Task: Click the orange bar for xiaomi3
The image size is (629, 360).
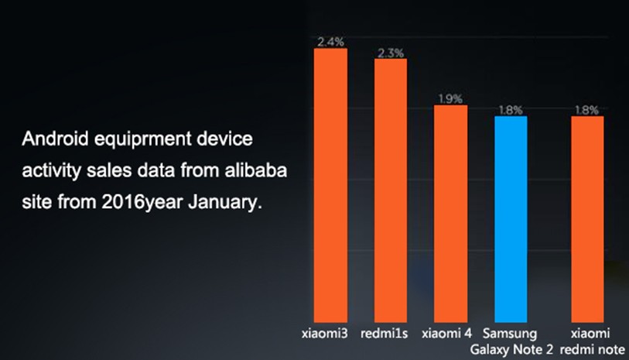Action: coord(330,185)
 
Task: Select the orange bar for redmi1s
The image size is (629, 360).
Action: coord(391,190)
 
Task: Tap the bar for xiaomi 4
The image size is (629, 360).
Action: coord(450,214)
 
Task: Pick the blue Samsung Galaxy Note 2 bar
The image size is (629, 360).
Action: coord(511,219)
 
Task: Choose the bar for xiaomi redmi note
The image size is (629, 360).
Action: coord(587,219)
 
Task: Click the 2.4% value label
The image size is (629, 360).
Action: coord(331,41)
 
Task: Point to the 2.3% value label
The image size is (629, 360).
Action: coord(391,53)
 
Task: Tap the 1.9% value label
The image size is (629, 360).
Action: coord(450,99)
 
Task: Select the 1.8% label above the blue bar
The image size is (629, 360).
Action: coord(511,110)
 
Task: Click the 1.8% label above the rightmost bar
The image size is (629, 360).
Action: coord(587,110)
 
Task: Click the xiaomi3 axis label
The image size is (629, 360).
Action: coord(324,334)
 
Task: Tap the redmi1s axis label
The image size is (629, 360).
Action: coord(385,334)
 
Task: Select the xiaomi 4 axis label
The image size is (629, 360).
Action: coord(446,334)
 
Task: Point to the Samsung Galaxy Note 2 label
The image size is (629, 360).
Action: coord(511,341)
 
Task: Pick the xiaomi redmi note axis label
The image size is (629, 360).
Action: coord(593,341)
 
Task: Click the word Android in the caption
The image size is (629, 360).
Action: coord(55,139)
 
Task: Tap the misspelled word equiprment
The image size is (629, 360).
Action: coord(142,140)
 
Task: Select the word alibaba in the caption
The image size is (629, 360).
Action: coord(256,170)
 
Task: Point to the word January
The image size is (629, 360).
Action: coord(225,202)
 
